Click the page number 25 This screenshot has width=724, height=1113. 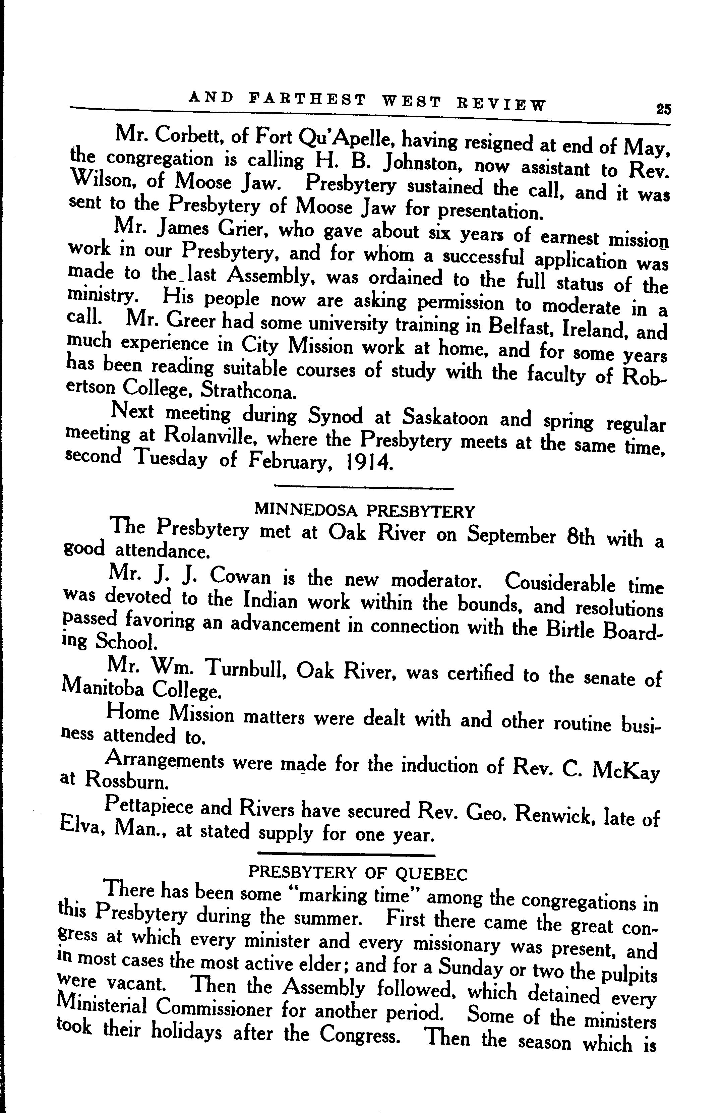[663, 109]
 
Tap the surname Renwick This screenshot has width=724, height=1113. [554, 815]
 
